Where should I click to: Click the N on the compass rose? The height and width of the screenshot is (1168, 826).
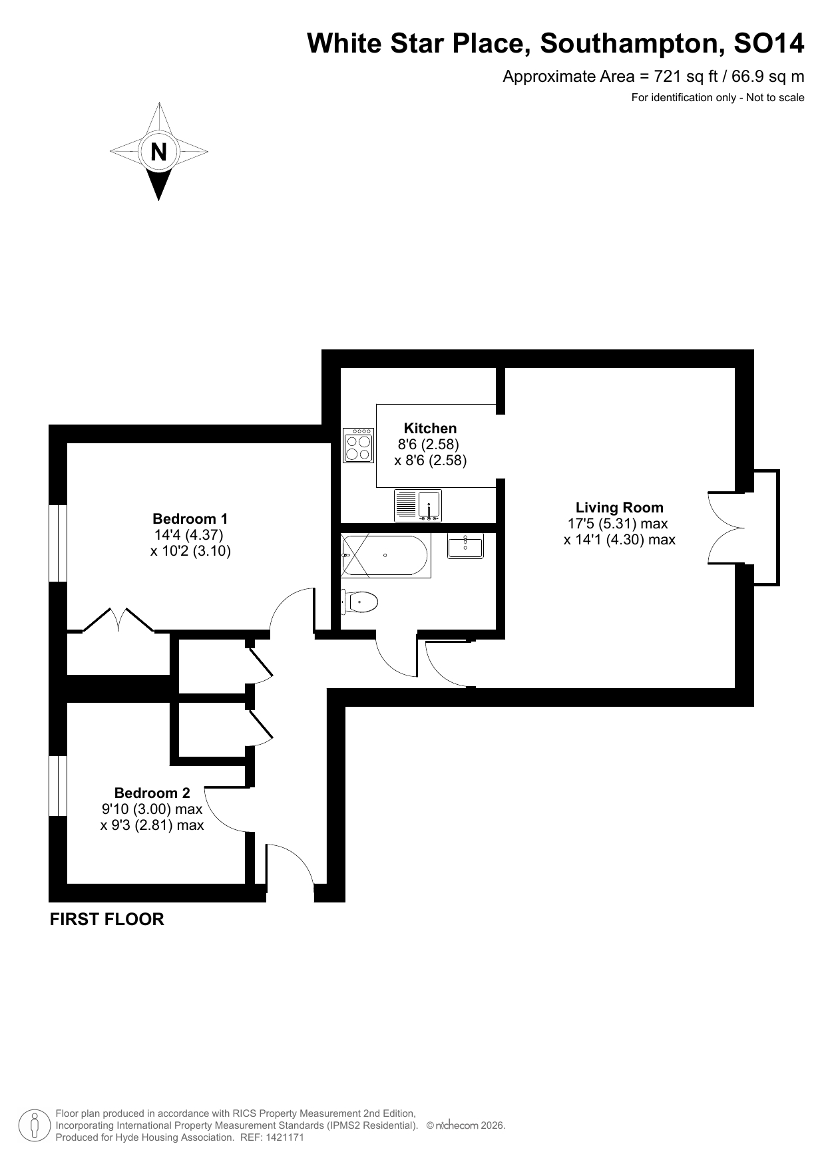pos(158,152)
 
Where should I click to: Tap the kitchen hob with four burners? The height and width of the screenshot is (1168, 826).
pos(358,445)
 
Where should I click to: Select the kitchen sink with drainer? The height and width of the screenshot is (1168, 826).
pos(418,505)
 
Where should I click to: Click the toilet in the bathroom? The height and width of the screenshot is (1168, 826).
pos(359,602)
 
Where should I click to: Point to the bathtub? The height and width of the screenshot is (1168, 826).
pos(385,555)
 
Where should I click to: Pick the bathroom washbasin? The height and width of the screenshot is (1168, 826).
pos(465,546)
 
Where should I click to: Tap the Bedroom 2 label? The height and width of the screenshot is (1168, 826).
pos(152,793)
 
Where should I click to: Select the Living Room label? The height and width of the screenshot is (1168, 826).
pos(620,508)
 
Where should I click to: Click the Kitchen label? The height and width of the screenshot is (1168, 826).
pos(431,429)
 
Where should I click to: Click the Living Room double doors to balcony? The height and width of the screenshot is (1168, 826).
pos(727,528)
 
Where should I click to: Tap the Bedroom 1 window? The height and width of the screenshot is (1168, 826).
pos(59,543)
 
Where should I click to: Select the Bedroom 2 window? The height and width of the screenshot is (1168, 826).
pos(59,785)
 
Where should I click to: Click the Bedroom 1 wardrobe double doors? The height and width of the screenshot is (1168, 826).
pos(119,619)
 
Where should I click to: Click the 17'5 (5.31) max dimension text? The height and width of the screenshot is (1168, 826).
pos(618,524)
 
